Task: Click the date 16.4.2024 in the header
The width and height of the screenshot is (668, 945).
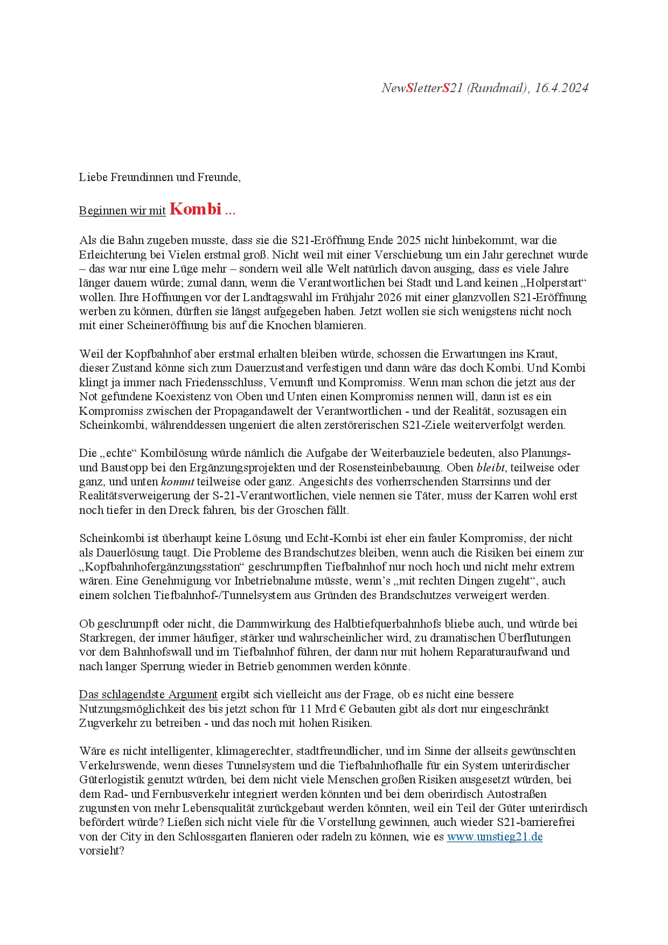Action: point(561,88)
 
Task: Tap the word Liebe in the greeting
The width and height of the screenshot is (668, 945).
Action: point(93,177)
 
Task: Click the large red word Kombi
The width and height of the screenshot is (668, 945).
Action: point(195,209)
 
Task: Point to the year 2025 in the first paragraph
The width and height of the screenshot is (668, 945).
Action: point(410,240)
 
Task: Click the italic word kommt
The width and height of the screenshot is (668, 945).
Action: point(177,482)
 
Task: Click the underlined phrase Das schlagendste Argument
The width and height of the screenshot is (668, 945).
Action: point(148,694)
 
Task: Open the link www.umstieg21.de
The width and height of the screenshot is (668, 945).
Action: point(495,837)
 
